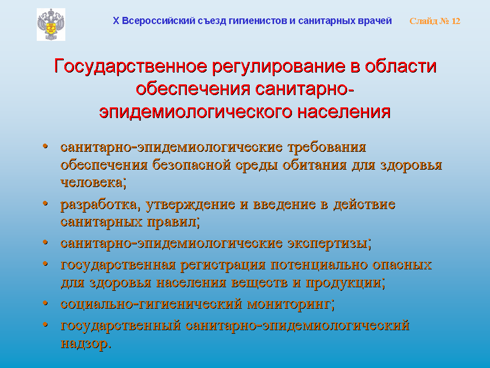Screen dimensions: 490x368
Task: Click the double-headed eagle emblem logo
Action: coord(51,25)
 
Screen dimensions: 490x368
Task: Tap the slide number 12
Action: coord(456,21)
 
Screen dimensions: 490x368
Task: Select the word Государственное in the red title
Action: coord(130,66)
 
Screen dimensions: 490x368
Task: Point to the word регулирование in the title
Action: coord(279,67)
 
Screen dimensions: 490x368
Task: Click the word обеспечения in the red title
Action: coord(193,89)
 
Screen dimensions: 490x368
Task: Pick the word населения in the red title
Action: coord(344,112)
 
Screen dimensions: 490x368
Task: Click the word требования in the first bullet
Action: coord(327,147)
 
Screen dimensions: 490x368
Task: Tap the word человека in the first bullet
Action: coord(91,182)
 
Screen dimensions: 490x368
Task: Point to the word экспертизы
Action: coord(327,243)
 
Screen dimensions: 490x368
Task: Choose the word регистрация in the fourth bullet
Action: coord(223,265)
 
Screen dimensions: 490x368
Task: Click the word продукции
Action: coord(343,283)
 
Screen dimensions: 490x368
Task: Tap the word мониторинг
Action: coord(289,304)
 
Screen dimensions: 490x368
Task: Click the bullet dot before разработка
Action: coord(45,203)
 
